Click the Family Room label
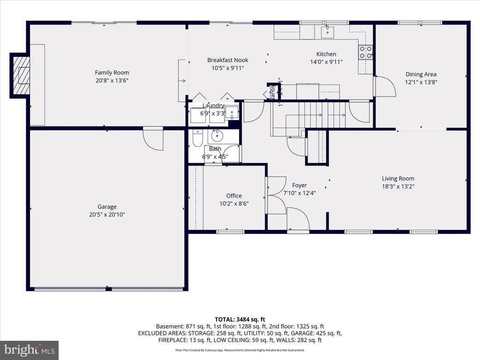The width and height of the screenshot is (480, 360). click(112, 73)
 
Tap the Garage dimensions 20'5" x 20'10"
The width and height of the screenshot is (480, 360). click(107, 215)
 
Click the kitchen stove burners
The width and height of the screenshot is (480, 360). click(366, 52)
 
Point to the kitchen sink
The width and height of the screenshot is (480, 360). click(327, 32)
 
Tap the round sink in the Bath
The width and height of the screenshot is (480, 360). click(217, 136)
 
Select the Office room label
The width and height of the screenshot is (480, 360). click(234, 196)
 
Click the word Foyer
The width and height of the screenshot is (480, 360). click(300, 185)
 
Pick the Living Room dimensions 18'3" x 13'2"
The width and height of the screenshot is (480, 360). click(398, 186)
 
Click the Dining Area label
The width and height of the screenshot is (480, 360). click(420, 74)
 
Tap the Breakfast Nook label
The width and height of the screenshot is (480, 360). click(227, 60)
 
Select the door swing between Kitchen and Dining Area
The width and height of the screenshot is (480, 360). click(383, 87)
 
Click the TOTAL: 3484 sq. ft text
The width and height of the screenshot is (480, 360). click(240, 319)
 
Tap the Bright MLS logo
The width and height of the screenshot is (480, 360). click(29, 350)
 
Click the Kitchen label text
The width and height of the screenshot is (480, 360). click(326, 54)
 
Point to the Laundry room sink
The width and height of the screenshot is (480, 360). click(232, 112)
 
